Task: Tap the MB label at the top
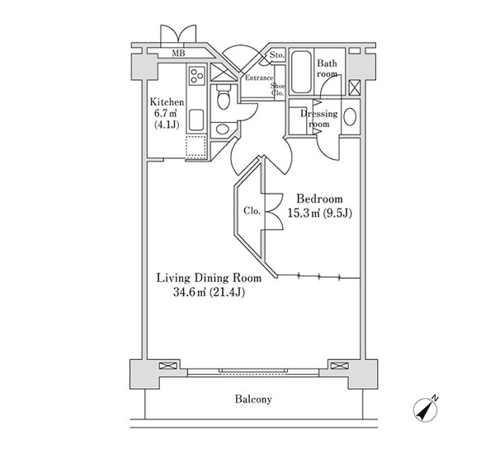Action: [178, 54]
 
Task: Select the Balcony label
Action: [252, 400]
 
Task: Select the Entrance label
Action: [260, 78]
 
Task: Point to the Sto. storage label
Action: [276, 56]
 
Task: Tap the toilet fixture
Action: [223, 101]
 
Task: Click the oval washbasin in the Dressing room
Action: [350, 116]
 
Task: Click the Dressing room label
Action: [317, 119]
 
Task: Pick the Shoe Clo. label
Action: [278, 90]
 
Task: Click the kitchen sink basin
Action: [196, 119]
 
